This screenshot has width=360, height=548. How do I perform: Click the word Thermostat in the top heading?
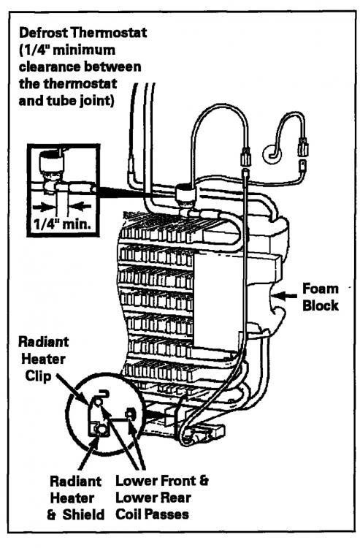[x=109, y=33]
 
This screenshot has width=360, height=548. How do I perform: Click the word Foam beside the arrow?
[x=320, y=289]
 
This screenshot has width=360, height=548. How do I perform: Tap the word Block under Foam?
[x=320, y=305]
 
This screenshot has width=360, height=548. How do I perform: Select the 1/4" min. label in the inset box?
[x=62, y=224]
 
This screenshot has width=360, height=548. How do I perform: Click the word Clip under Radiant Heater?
[x=39, y=376]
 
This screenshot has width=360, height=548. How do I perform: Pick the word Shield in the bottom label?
[x=84, y=514]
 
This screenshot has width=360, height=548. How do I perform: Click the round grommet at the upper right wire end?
[x=271, y=154]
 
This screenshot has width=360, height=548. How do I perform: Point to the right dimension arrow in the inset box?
[x=80, y=206]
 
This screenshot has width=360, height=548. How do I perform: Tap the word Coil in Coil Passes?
[x=128, y=514]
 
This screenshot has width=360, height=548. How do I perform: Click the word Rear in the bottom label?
[x=176, y=498]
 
